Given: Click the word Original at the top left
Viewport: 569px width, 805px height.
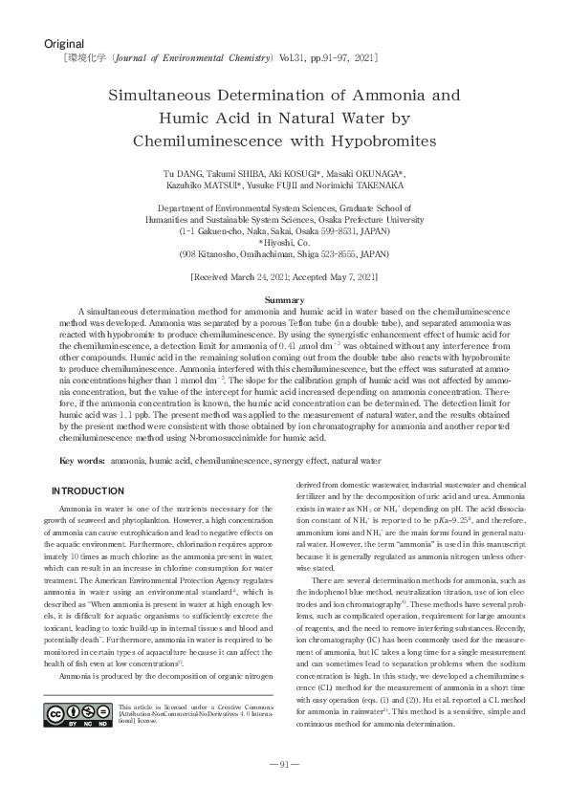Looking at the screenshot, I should tap(64, 44).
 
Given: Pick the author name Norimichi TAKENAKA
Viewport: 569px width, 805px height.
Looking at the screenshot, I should tap(365, 185).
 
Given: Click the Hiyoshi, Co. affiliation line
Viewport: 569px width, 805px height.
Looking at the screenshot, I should tap(284, 243).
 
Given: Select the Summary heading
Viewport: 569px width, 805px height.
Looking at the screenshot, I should tap(284, 300).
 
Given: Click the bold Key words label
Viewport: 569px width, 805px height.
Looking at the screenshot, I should tap(81, 460).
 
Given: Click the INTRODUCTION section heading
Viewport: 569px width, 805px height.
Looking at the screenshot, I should tap(87, 490).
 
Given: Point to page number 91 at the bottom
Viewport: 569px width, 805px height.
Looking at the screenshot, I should tap(284, 790).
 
